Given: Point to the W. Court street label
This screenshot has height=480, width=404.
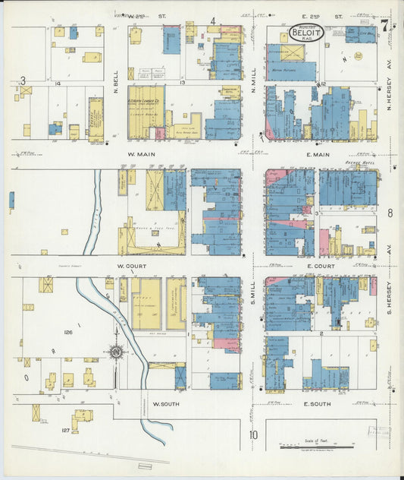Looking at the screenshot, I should [131, 267].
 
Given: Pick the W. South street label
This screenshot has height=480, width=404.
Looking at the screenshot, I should [165, 404].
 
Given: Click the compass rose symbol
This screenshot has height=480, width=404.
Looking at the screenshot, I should [116, 352].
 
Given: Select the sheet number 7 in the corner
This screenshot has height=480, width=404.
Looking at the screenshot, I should [385, 25].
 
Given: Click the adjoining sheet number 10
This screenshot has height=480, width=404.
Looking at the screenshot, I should [253, 435].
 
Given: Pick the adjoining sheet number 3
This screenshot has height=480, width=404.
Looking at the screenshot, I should [23, 81].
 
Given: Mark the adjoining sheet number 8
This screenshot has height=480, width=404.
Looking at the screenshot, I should [390, 213].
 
